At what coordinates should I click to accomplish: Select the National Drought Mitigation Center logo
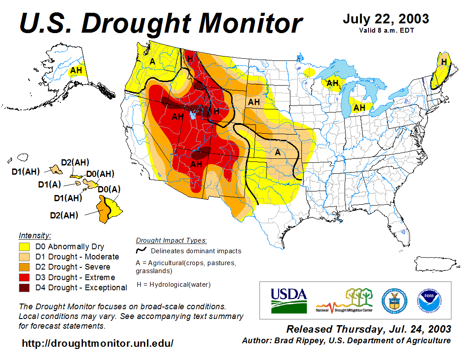tap(344, 300)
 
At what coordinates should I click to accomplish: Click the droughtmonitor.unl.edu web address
tap(98, 343)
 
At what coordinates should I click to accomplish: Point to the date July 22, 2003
tap(386, 19)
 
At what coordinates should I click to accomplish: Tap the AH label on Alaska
tap(76, 70)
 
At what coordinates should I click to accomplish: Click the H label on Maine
tap(443, 61)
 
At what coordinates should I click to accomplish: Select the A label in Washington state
tap(152, 61)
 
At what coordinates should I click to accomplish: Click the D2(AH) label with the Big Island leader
tap(64, 215)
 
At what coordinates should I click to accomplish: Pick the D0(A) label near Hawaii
tap(109, 189)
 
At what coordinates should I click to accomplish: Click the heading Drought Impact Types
tap(171, 240)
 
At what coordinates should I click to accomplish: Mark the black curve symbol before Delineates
tap(141, 251)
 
